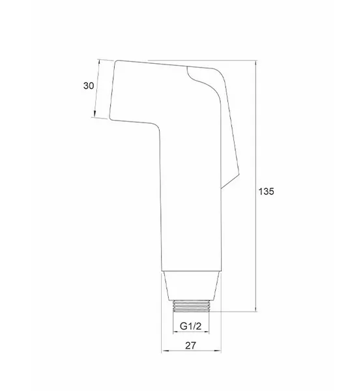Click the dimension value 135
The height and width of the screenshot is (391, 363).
tap(267, 192)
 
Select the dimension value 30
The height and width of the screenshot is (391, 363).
tap(89, 86)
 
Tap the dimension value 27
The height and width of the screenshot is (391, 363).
tap(191, 345)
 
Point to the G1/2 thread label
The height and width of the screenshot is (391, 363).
tap(190, 326)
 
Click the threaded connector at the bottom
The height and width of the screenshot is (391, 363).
tap(191, 306)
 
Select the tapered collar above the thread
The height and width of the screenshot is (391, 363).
tap(191, 285)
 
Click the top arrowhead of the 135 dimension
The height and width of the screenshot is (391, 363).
tap(256, 63)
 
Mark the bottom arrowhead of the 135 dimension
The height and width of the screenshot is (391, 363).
tap(256, 309)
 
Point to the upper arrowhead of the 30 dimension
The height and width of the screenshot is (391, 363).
tap(99, 62)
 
